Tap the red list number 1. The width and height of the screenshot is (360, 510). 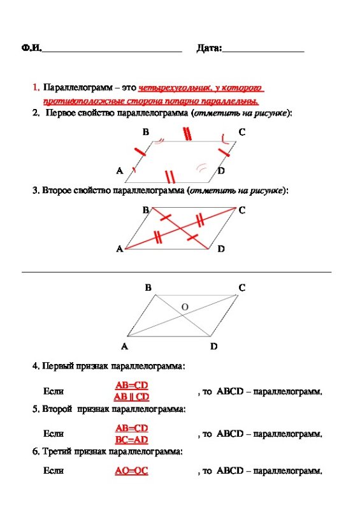36,87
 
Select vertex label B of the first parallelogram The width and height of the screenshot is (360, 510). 146,132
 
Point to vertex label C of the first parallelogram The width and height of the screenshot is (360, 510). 241,132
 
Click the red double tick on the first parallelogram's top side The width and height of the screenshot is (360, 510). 187,134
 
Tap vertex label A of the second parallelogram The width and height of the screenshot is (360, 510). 119,249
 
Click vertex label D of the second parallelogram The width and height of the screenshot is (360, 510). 221,249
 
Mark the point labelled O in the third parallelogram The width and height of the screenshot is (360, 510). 185,307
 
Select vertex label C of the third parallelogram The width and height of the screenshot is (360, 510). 242,288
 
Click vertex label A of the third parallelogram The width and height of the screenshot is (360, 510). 124,347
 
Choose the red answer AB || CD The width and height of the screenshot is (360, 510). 131,397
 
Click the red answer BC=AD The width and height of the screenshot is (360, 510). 131,439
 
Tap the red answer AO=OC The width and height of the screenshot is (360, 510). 131,472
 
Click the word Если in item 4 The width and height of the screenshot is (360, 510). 53,391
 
